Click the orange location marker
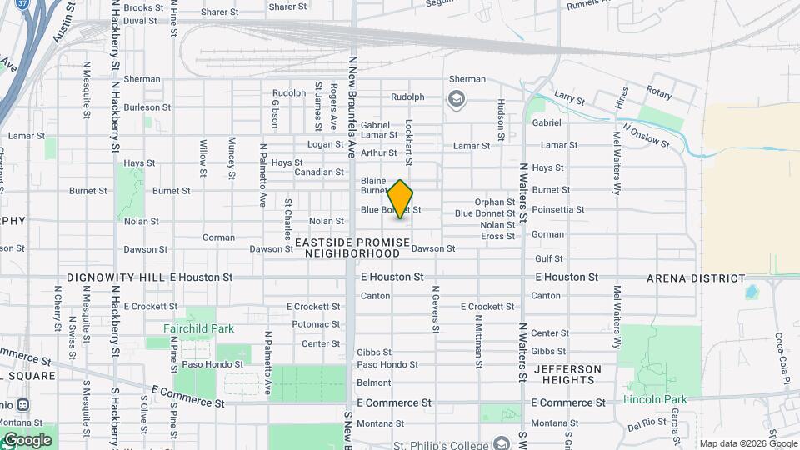[400, 198]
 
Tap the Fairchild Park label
[198, 328]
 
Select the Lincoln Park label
[655, 399]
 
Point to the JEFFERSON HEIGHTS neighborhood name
[567, 374]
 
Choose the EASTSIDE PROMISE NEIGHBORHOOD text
[352, 247]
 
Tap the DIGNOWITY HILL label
[116, 277]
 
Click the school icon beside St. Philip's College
[500, 442]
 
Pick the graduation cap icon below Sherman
[457, 101]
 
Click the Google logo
[27, 440]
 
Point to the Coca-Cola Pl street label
[781, 359]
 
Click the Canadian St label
[319, 172]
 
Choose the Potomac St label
[316, 324]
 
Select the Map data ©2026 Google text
[748, 443]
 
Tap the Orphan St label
[495, 202]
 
